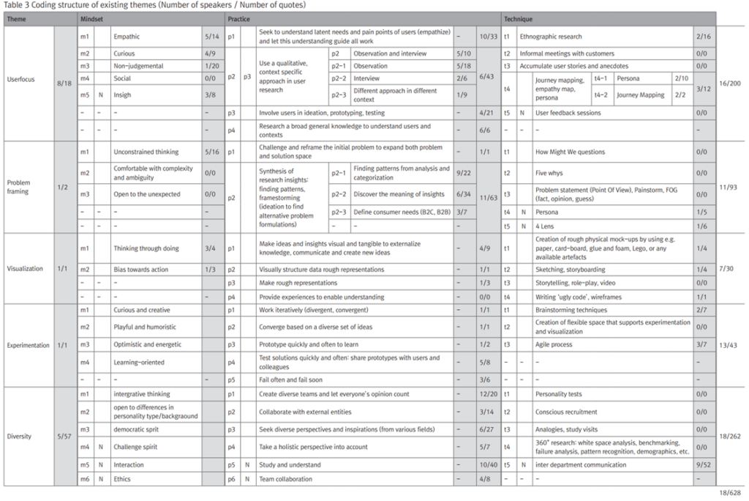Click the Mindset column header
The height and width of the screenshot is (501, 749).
point(92,18)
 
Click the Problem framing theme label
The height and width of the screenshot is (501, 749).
point(18,187)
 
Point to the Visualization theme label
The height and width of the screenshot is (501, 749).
point(25,269)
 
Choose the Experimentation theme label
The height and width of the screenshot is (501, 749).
point(29,345)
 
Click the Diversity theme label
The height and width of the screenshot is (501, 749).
point(19,437)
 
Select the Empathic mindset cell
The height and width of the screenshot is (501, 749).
point(127,36)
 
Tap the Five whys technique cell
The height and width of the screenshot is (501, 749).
point(550,174)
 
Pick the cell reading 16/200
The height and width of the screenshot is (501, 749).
point(730,84)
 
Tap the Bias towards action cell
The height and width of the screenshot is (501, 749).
point(140,270)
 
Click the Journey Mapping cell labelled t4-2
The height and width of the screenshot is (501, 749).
point(640,94)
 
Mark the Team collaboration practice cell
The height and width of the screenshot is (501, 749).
point(285,479)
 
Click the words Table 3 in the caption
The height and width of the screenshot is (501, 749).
point(18,5)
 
